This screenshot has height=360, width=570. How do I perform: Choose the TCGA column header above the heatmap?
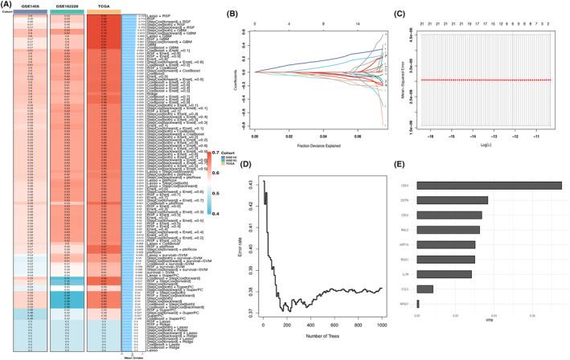103,5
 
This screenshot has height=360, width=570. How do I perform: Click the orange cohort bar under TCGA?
103,11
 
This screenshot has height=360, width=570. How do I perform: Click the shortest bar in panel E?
418,304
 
